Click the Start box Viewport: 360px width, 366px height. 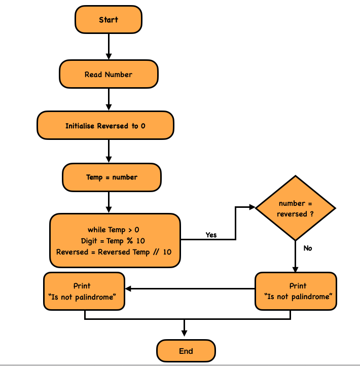tap(109, 20)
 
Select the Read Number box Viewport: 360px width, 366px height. tap(109, 75)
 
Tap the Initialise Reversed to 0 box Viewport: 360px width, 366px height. tap(105, 126)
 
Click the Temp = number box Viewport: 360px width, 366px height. tap(112, 177)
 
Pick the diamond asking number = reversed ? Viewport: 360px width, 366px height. tap(295, 208)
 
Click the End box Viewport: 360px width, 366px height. tap(186, 351)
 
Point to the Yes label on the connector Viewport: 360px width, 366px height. tap(211, 235)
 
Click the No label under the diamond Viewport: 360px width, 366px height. tap(308, 248)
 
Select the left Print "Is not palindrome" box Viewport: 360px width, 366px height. tap(84, 291)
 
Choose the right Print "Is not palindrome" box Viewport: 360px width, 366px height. tap(295, 291)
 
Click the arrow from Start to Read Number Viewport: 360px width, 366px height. tap(109, 46)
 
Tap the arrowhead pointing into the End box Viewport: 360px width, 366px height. tap(185, 333)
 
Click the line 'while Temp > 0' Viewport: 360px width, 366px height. tap(113, 230)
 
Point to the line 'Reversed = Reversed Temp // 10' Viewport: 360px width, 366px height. tap(114, 252)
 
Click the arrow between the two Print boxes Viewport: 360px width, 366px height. tap(190, 288)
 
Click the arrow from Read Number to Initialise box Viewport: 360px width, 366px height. tap(109, 99)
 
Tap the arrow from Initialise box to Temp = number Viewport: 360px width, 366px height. tap(109, 151)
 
